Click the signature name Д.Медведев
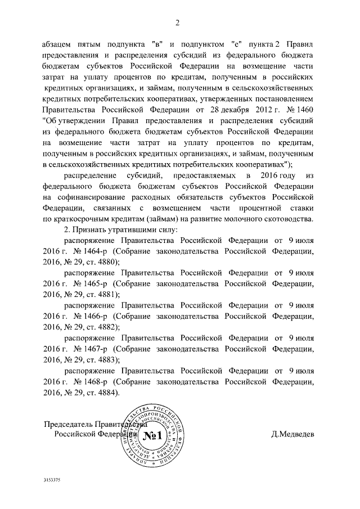pyautogui.click(x=292, y=435)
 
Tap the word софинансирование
pyautogui.click(x=94, y=197)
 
